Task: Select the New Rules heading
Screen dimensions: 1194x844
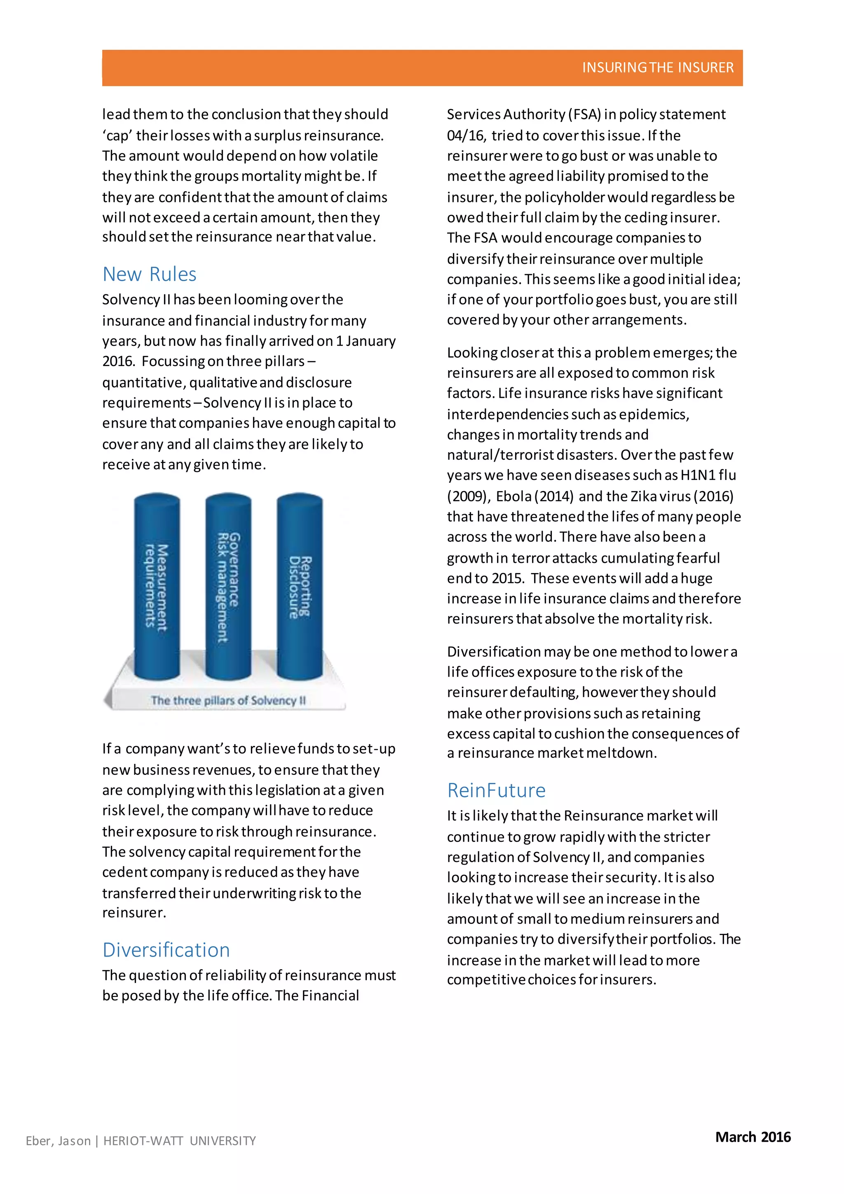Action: pos(150,274)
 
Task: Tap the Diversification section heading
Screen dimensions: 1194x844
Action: pos(166,950)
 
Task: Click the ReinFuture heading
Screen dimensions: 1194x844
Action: pos(496,790)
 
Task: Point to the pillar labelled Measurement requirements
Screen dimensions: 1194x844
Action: pos(157,588)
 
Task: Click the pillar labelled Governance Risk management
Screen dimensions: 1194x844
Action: pos(228,588)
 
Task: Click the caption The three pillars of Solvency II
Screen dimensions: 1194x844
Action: pos(228,700)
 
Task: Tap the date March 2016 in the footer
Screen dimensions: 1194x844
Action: pos(753,1137)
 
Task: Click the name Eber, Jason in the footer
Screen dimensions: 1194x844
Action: pos(58,1141)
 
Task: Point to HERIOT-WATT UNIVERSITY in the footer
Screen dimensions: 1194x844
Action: pos(180,1141)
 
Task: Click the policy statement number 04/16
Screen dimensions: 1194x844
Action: pos(466,136)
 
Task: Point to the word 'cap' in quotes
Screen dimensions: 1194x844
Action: pos(117,136)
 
